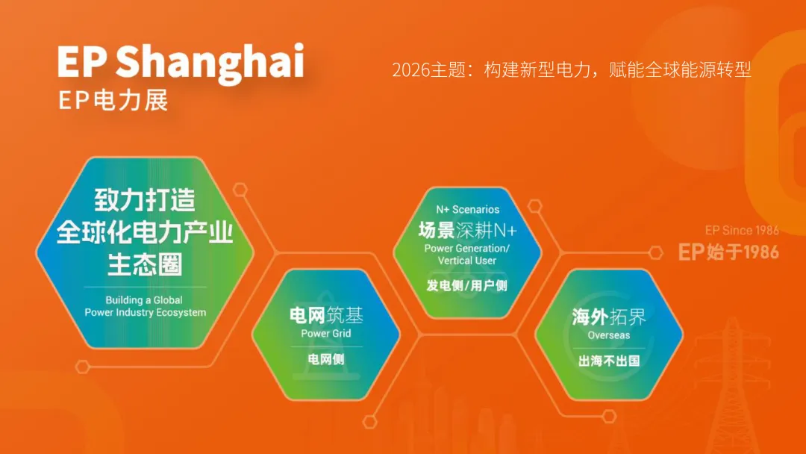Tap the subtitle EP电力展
coord(113,100)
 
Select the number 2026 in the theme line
coord(410,70)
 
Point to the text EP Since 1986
coord(742,230)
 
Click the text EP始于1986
coord(728,252)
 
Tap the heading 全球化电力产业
coord(145,232)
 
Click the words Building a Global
coord(144,299)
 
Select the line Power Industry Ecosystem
coord(146,312)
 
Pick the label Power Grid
coord(326,333)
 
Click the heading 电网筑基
coord(326,314)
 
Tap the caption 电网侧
coord(326,359)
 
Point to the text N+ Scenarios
coord(468,209)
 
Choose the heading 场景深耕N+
coord(467,230)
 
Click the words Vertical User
coord(467,261)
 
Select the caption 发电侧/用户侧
coord(466,285)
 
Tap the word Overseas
coord(609,335)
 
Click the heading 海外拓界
coord(609,317)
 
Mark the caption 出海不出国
coord(609,361)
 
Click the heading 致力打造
coord(145,200)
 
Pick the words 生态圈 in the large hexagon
coord(145,264)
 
